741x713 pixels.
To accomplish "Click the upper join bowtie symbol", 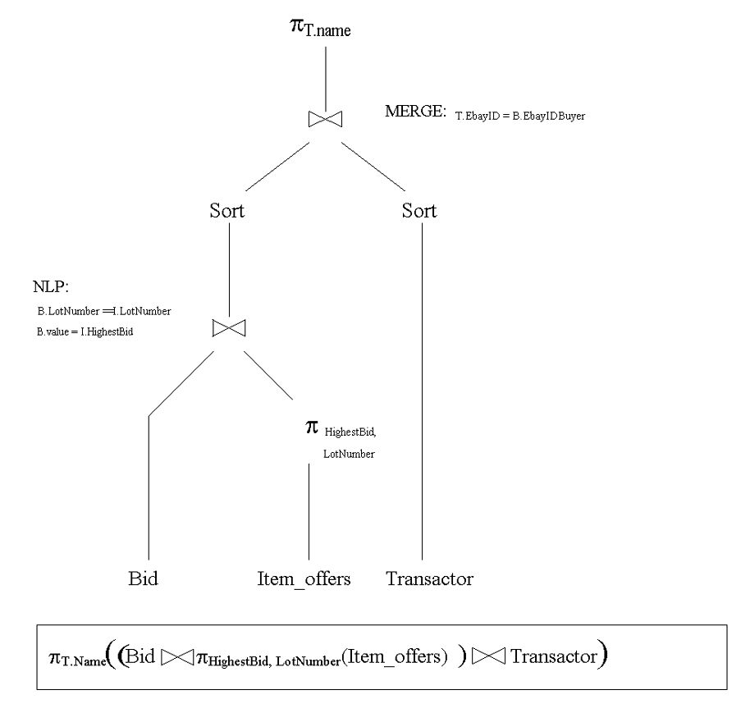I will pyautogui.click(x=325, y=119).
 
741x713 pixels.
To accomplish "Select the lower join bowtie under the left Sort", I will pyautogui.click(x=228, y=328).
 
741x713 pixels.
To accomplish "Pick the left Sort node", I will pyautogui.click(x=227, y=211).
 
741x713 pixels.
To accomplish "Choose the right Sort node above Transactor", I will pyautogui.click(x=419, y=211).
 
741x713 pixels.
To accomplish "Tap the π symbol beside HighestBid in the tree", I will pyautogui.click(x=311, y=427).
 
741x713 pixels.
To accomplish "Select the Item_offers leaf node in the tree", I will pyautogui.click(x=304, y=578).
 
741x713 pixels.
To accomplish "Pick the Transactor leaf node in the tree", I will pyautogui.click(x=429, y=578).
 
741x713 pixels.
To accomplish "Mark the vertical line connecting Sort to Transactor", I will pyautogui.click(x=422, y=394).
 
